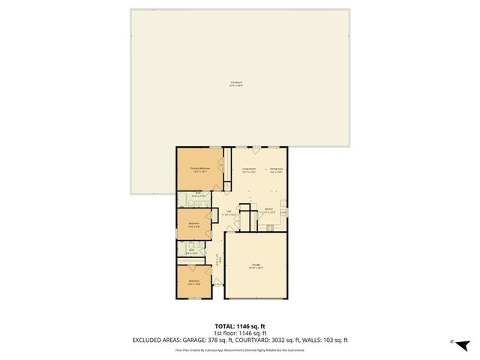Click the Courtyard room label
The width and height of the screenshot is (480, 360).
tap(240, 84)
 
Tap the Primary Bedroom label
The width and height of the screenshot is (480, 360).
tap(199, 170)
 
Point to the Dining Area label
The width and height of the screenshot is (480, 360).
tap(275, 170)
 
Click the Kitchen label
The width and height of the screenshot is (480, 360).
tap(269, 211)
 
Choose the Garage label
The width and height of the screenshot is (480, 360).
tap(255, 266)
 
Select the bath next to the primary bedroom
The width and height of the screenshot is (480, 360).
tap(199, 195)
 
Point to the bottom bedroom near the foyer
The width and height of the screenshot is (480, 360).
tap(193, 282)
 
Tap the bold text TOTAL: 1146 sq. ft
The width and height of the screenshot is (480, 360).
tap(240, 326)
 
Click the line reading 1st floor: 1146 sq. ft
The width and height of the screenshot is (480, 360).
tap(240, 333)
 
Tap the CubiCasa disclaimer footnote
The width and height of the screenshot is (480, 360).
tap(240, 349)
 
